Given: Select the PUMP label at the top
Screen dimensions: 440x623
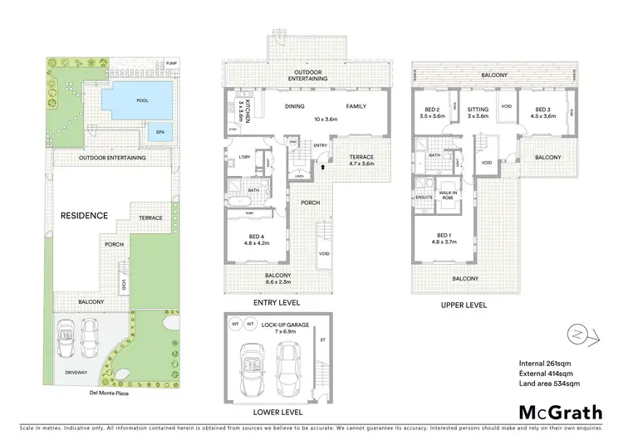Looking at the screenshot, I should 170,64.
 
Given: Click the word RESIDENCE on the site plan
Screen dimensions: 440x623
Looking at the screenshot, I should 84,215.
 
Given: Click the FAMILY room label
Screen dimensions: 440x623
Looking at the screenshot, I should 356,106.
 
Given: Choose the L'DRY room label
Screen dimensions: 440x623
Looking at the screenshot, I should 244,158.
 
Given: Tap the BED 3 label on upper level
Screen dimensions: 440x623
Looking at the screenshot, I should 542,112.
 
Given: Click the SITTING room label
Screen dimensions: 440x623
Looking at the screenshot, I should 478,112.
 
